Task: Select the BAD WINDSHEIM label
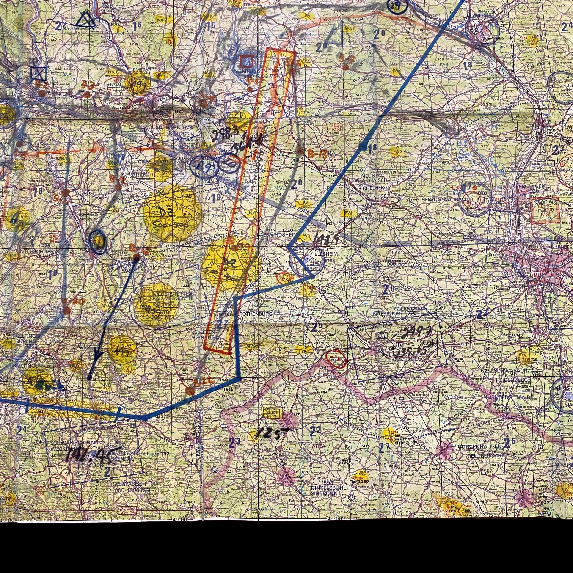pos(277,235)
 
